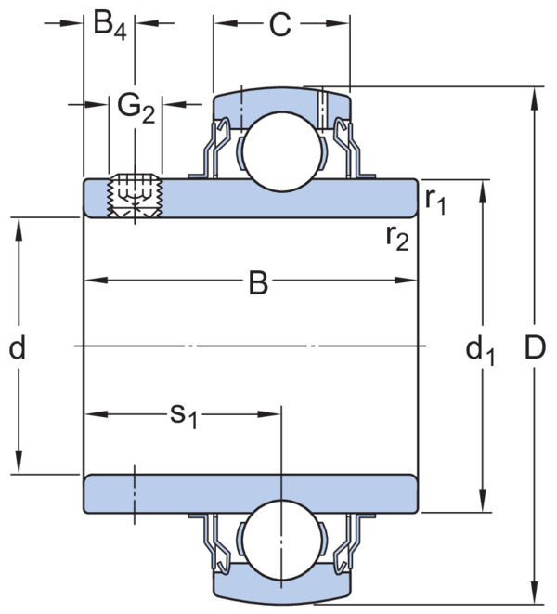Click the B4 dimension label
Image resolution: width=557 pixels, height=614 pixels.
pyautogui.click(x=110, y=25)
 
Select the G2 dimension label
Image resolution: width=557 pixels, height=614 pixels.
pyautogui.click(x=136, y=108)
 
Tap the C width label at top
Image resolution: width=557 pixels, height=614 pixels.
pyautogui.click(x=280, y=25)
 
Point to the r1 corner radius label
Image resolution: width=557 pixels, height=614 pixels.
pyautogui.click(x=435, y=202)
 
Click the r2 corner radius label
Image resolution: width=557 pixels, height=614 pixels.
pyautogui.click(x=397, y=238)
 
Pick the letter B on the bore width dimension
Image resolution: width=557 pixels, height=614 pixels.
pyautogui.click(x=259, y=282)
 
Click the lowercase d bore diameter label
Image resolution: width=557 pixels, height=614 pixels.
pyautogui.click(x=18, y=346)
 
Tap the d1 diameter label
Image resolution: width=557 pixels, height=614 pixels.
pyautogui.click(x=480, y=350)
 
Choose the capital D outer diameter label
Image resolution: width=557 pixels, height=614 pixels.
pyautogui.click(x=535, y=347)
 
